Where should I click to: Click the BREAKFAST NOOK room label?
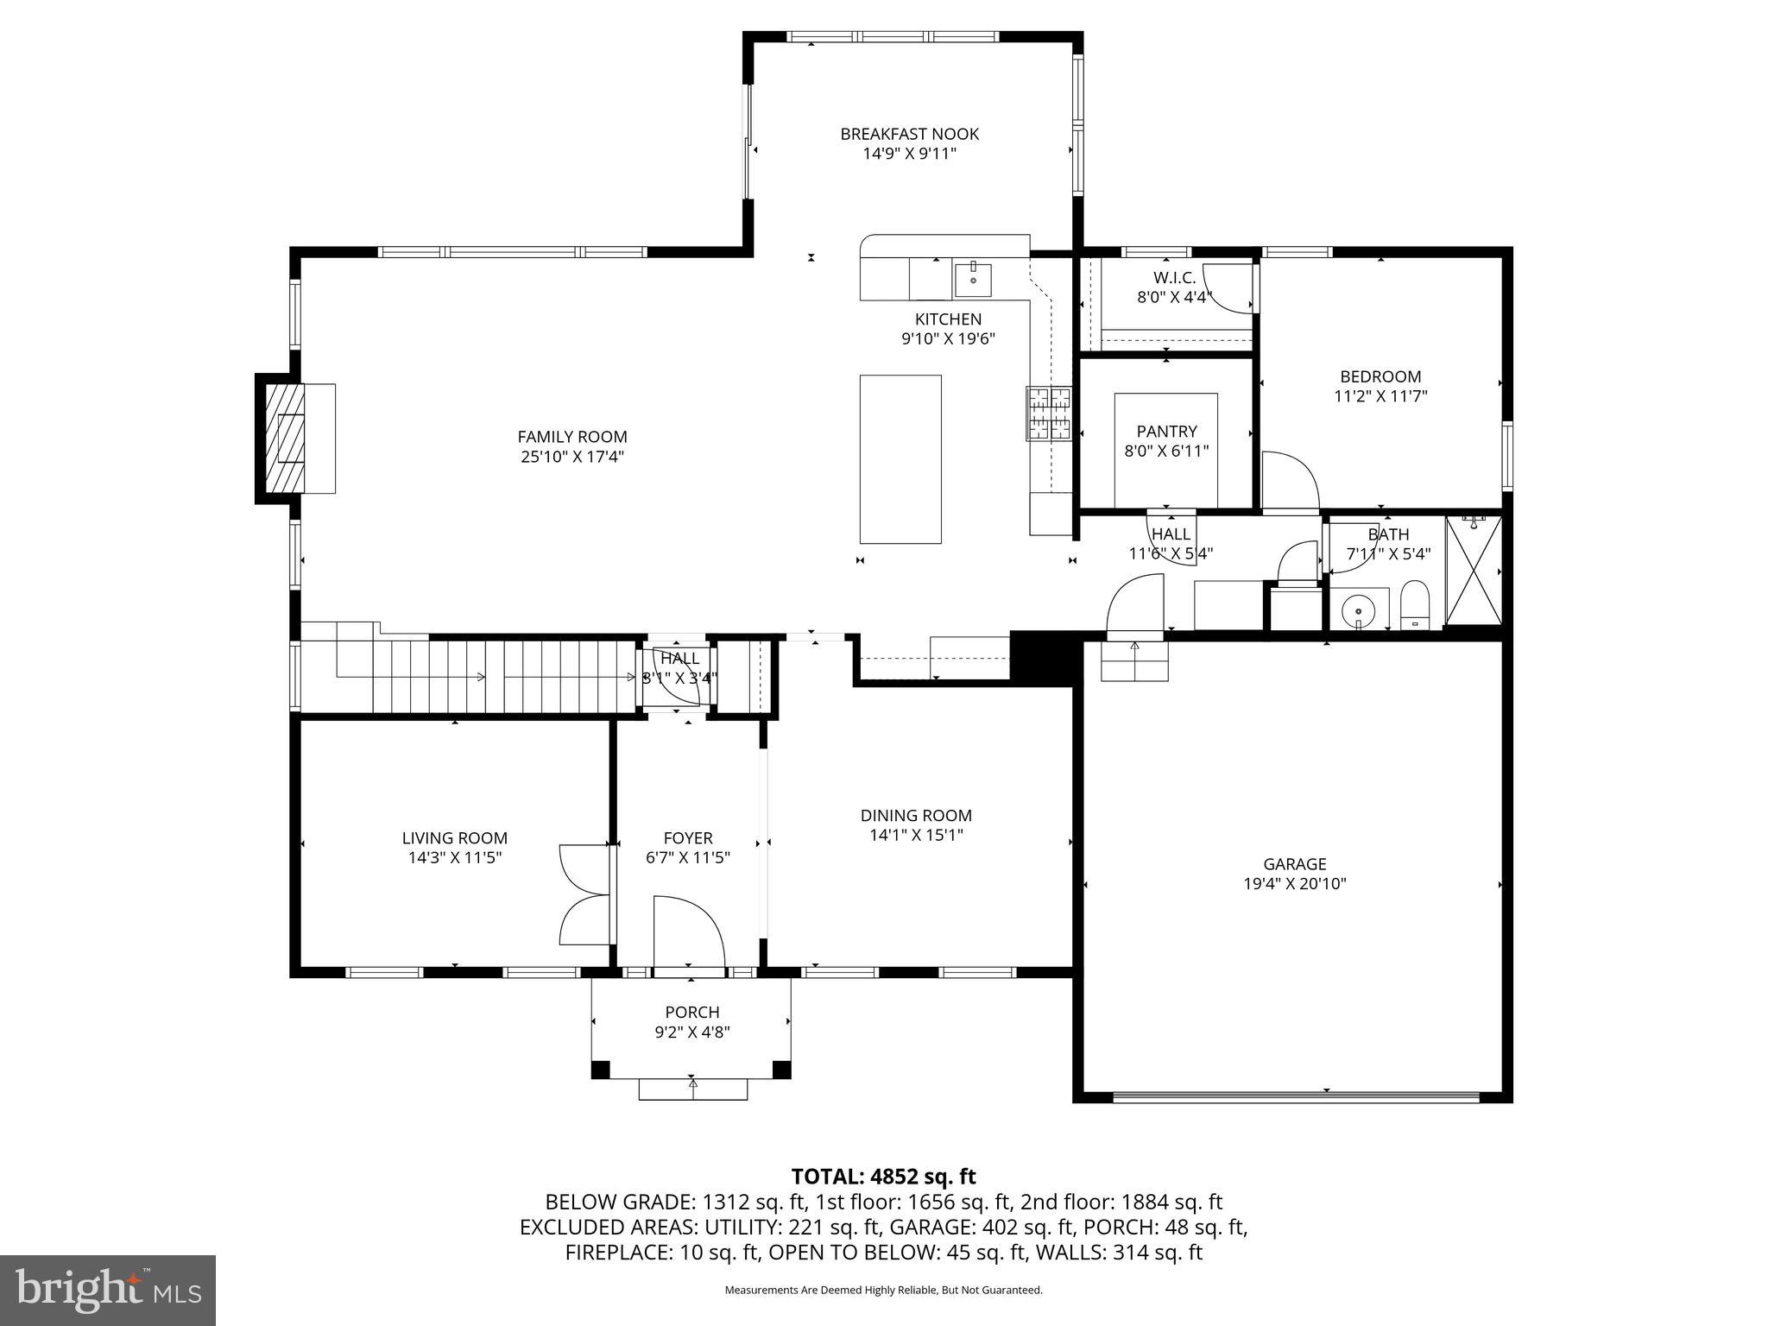click(909, 134)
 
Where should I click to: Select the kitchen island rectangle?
click(900, 459)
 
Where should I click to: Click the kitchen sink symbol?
click(973, 280)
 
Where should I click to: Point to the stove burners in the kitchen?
click(1048, 414)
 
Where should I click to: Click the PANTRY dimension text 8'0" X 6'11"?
click(1166, 451)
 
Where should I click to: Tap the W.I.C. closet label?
click(1174, 278)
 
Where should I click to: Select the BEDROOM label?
click(1380, 376)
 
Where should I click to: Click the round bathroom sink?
click(1358, 609)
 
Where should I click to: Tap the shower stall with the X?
click(1474, 570)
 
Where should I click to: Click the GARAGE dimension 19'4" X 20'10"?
click(1294, 883)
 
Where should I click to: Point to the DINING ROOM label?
click(915, 815)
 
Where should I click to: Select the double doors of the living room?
click(585, 894)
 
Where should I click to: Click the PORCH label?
click(691, 1012)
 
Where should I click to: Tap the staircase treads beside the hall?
click(518, 677)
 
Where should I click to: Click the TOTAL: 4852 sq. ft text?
click(883, 1177)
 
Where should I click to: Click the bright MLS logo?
click(108, 1290)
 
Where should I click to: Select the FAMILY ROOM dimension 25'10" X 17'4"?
click(571, 457)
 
